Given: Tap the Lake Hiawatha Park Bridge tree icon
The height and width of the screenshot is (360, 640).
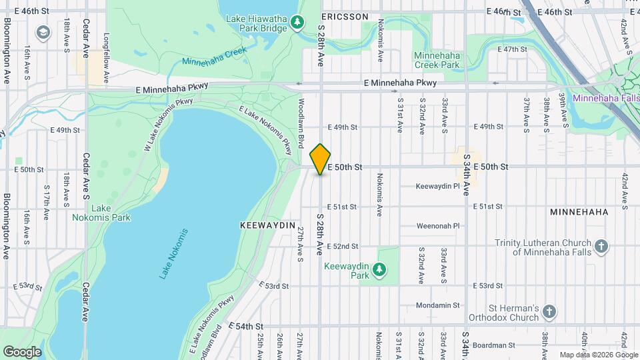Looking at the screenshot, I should (297, 24).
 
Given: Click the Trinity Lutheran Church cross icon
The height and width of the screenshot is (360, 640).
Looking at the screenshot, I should (601, 247).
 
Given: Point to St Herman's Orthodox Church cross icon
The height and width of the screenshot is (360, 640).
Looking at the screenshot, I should (549, 312).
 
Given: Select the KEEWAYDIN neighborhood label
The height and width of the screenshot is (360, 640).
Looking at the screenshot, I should (267, 226).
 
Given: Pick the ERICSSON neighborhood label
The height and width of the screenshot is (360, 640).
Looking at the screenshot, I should (345, 15).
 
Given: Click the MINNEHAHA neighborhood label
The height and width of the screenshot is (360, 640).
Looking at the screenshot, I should (579, 212).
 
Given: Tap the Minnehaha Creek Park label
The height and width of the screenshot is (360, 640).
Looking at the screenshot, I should (437, 60).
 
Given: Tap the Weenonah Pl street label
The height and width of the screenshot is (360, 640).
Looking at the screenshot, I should (438, 226).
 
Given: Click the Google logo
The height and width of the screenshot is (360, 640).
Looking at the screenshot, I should (22, 351).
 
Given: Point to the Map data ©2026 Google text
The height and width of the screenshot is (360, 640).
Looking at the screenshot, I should (597, 355).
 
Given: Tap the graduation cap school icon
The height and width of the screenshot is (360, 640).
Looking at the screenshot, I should (43, 32).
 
